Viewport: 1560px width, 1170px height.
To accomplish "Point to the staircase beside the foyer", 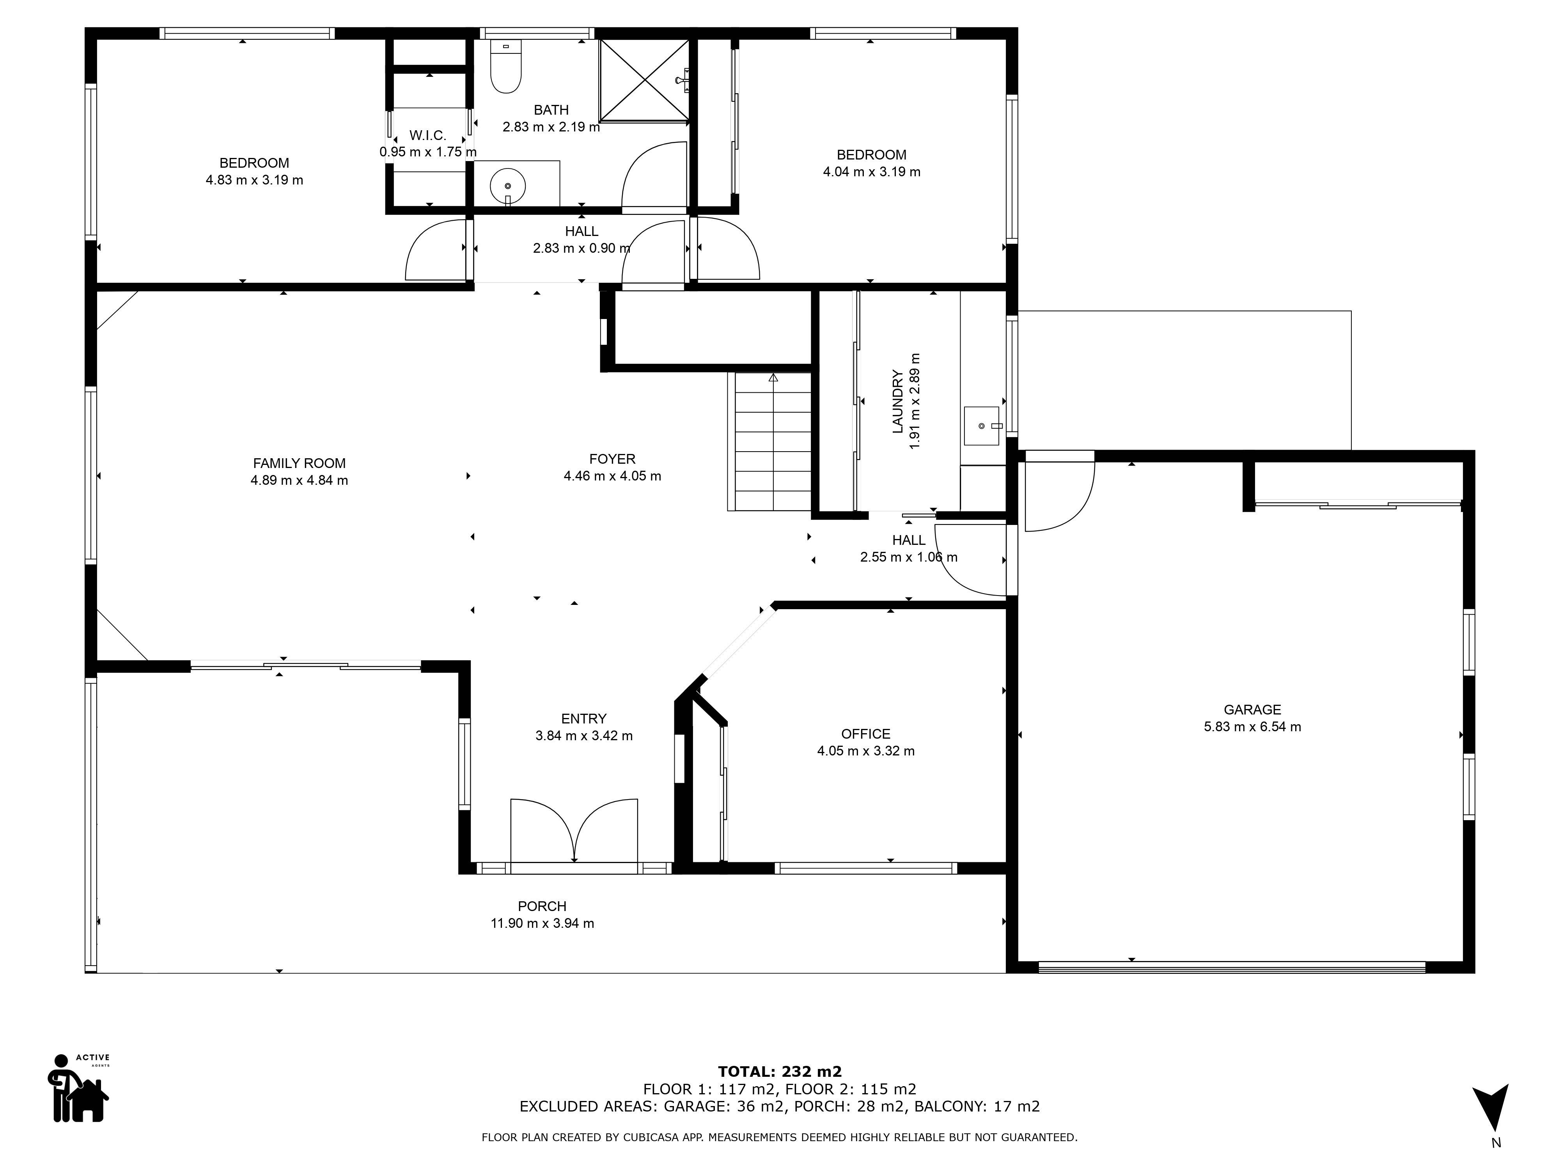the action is (x=773, y=441).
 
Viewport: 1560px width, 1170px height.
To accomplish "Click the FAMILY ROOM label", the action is (x=299, y=463).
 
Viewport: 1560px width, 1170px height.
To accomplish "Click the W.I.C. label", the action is (x=427, y=135).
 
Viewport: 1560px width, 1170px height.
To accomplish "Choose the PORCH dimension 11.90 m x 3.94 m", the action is (x=542, y=923).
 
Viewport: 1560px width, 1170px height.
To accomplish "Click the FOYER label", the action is (x=612, y=459).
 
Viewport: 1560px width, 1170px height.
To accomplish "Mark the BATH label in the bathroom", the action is (x=551, y=110).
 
